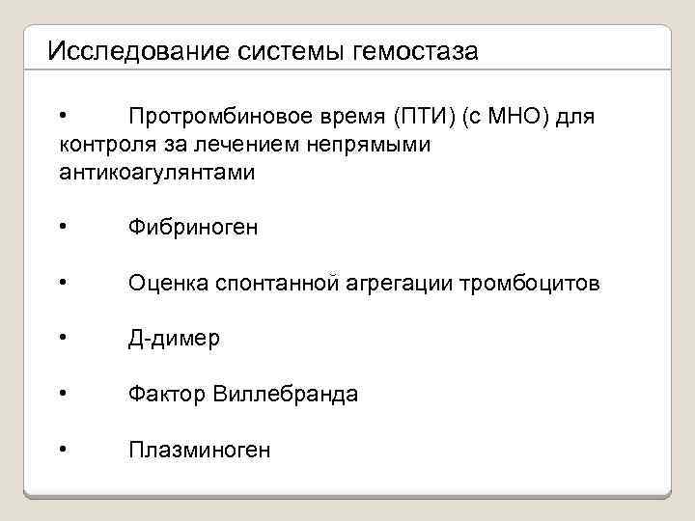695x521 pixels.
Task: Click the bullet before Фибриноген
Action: coord(62,228)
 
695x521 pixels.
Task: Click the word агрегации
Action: coord(403,284)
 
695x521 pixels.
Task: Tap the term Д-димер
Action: coord(174,339)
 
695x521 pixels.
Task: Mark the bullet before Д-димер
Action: coord(62,339)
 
